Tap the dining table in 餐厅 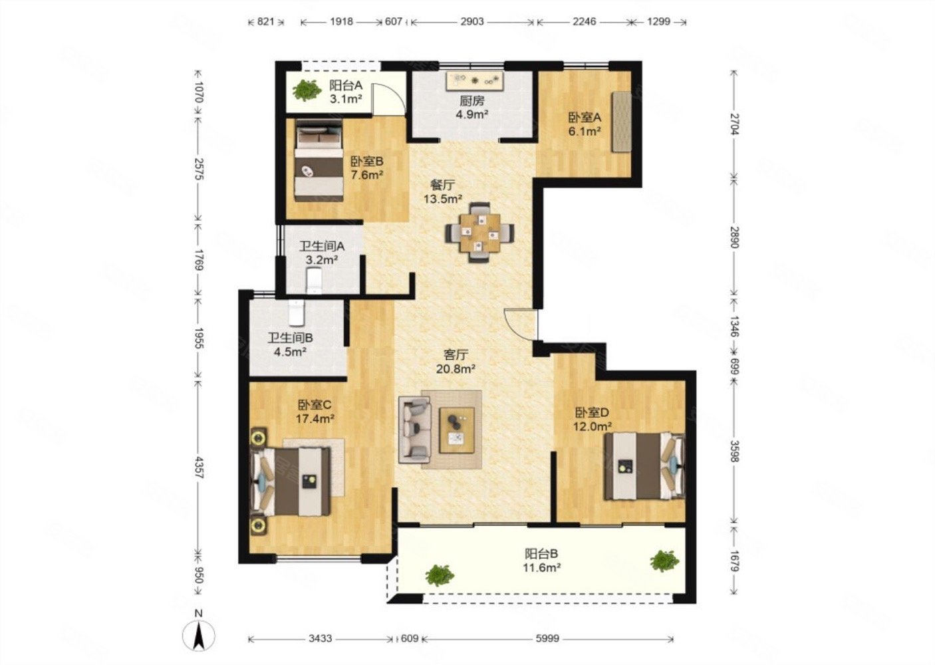click(479, 233)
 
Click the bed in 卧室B click(319, 161)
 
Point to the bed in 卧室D click(645, 466)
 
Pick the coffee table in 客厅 click(457, 430)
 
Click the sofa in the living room click(415, 430)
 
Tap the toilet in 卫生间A click(314, 281)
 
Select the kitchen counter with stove click(475, 81)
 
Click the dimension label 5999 click(547, 638)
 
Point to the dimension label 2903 click(472, 21)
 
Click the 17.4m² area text click(315, 419)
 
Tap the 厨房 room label click(472, 100)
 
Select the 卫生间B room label click(291, 337)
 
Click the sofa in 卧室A click(622, 122)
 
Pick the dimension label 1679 click(735, 561)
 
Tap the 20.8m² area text click(456, 368)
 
